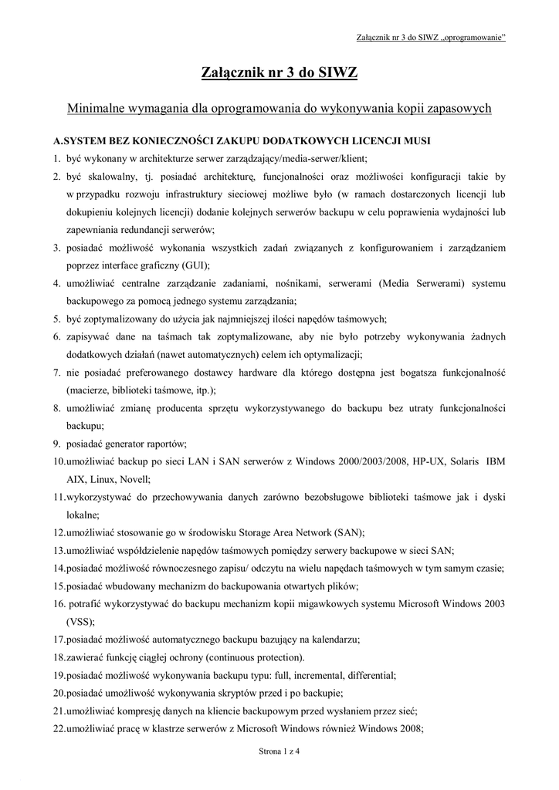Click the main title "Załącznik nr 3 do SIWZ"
279,74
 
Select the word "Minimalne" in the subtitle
94,110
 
